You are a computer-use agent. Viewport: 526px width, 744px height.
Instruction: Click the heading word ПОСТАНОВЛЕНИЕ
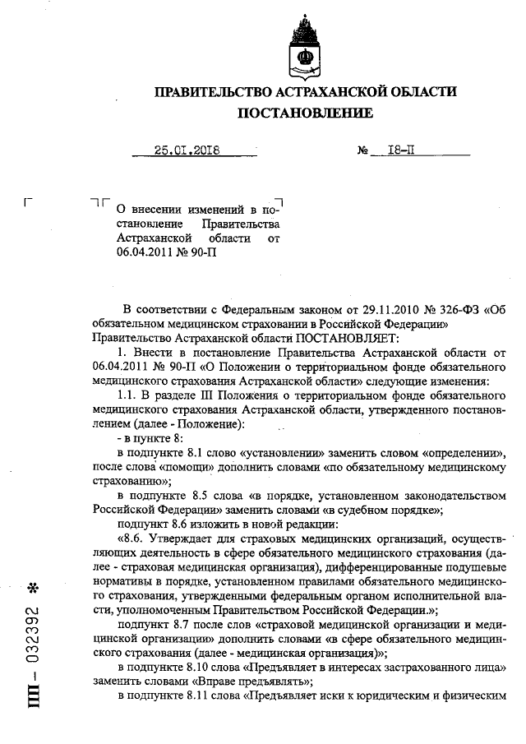click(x=306, y=112)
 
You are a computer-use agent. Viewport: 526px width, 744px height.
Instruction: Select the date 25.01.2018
click(x=190, y=150)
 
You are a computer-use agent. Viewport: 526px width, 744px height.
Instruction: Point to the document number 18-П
click(x=387, y=150)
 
